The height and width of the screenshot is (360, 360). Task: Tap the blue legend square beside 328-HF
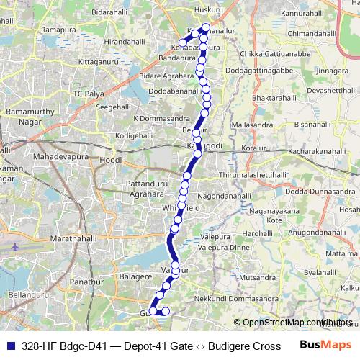[9, 346]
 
